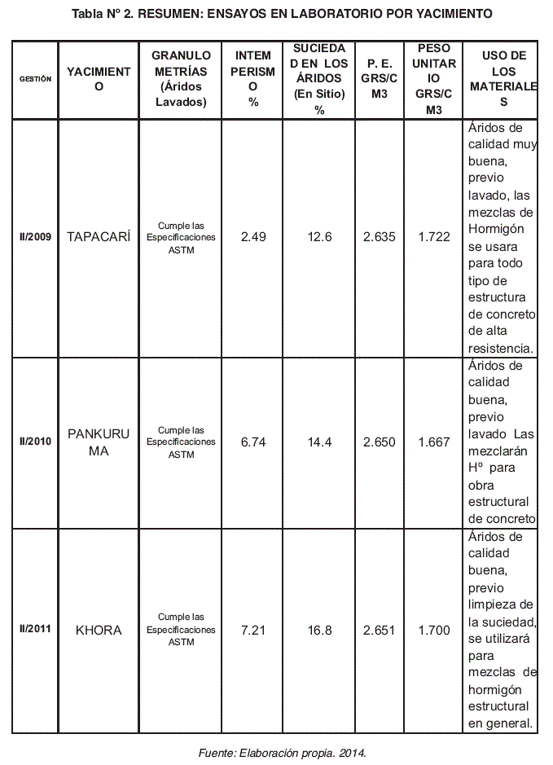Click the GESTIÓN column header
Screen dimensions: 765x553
[x=35, y=79]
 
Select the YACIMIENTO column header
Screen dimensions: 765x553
[x=99, y=79]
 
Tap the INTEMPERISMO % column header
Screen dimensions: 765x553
[x=253, y=79]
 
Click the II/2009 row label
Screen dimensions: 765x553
[x=35, y=238]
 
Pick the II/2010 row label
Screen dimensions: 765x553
[x=35, y=442]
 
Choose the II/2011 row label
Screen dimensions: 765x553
[x=35, y=631]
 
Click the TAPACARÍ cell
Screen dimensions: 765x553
[x=99, y=237]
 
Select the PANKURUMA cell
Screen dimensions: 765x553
[x=99, y=442]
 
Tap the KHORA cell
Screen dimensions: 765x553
[x=99, y=631]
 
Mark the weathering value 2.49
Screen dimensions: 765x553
[x=253, y=237]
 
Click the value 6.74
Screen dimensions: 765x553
[x=253, y=442]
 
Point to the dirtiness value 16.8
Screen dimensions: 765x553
[x=319, y=631]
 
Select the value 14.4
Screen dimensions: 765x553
[x=319, y=442]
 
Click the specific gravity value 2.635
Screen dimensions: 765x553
[x=380, y=237]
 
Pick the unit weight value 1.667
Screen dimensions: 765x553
[x=433, y=442]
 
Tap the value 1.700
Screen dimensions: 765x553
[x=433, y=631]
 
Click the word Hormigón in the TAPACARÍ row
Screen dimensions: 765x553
[x=496, y=229]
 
